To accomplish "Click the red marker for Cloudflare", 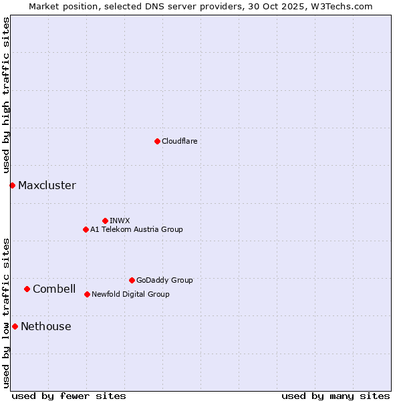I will pos(157,141).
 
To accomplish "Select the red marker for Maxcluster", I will pos(12,185).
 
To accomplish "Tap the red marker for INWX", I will pos(105,221).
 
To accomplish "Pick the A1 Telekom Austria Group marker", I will pos(86,229).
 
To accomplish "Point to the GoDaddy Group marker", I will pos(132,280).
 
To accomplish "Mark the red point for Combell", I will pos(27,289).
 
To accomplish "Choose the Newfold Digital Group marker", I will pos(87,294).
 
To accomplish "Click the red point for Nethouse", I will pos(15,326).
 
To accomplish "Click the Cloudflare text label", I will pos(179,141).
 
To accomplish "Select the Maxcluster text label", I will pos(47,185).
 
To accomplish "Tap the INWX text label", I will pos(120,221).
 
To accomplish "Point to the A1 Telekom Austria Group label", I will pos(136,229).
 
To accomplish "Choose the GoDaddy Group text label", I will pos(164,280).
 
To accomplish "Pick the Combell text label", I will pos(54,289).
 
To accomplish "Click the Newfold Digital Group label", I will pos(130,294).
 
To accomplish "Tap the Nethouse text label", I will pos(45,326).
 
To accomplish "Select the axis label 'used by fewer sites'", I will pos(69,396).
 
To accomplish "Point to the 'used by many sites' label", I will pos(336,396).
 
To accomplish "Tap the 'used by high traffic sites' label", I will pos(6,95).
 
